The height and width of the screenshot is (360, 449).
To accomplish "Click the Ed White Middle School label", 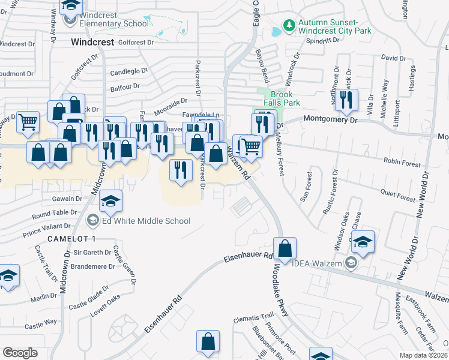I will [x=146, y=221].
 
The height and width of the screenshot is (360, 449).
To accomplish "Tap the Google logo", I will [x=20, y=353].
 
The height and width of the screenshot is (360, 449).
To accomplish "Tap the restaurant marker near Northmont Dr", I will [x=346, y=100].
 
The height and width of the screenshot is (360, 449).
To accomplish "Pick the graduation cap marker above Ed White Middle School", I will [x=110, y=201].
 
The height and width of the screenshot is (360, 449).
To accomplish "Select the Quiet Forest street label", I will [x=399, y=194].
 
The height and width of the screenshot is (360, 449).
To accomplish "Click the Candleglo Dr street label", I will [x=128, y=71].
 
